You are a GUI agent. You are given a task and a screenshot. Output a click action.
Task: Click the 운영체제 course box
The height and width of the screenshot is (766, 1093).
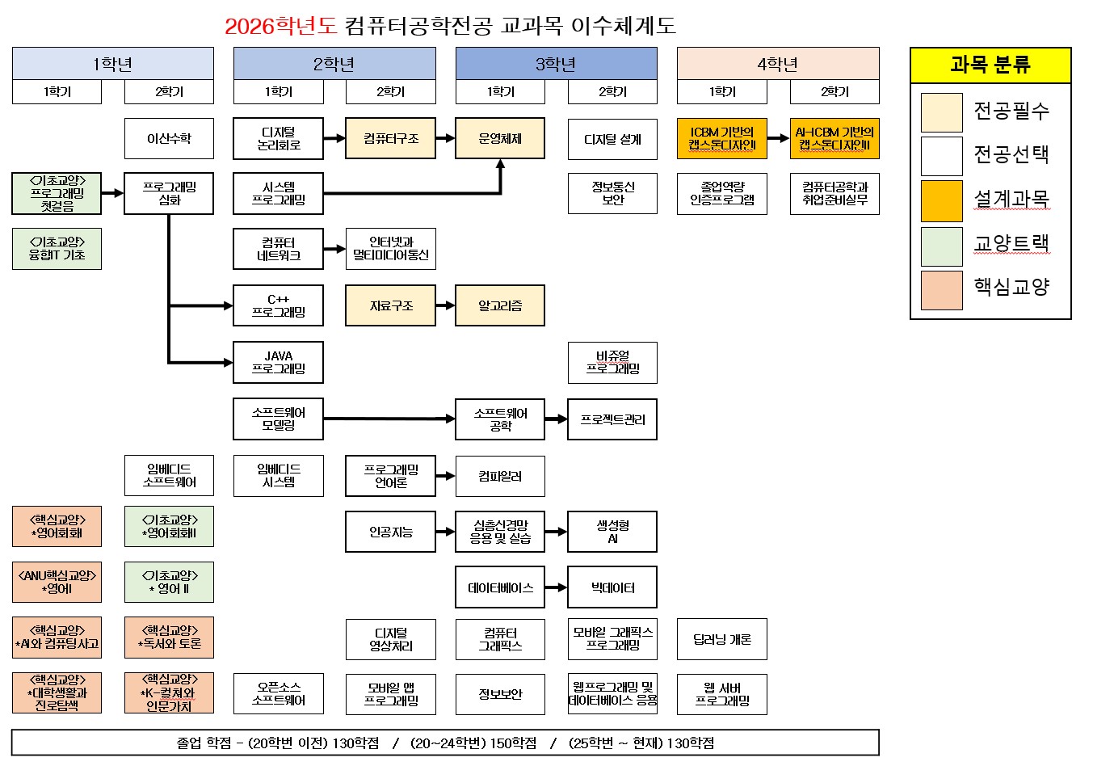click(500, 138)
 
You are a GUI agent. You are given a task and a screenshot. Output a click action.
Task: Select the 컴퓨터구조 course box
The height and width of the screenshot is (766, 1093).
click(391, 138)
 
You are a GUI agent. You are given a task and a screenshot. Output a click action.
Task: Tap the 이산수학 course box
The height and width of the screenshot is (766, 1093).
click(169, 138)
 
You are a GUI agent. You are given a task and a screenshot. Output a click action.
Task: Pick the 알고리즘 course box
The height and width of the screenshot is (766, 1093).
click(500, 305)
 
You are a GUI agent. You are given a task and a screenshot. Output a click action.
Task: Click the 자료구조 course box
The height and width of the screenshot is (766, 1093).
click(391, 305)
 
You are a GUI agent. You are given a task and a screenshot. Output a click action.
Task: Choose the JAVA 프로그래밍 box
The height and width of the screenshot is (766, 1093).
click(279, 362)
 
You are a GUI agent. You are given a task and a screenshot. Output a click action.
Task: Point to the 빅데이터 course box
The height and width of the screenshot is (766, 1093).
click(612, 587)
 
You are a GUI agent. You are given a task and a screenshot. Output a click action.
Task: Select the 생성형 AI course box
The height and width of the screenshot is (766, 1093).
click(612, 532)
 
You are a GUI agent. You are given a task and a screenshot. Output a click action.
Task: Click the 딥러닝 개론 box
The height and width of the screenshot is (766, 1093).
click(722, 639)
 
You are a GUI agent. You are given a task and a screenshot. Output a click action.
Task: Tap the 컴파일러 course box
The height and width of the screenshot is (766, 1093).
click(500, 476)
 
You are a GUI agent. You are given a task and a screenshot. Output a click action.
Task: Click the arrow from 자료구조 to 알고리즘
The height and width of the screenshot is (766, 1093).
click(445, 305)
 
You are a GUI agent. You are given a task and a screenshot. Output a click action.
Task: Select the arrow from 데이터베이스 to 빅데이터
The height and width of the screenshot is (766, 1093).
click(556, 587)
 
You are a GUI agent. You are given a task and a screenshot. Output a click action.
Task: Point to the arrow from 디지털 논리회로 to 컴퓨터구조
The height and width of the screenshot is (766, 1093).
click(334, 138)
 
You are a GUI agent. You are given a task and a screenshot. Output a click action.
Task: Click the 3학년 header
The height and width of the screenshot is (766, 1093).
click(556, 64)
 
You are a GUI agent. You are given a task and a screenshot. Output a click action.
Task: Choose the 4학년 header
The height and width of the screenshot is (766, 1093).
click(778, 64)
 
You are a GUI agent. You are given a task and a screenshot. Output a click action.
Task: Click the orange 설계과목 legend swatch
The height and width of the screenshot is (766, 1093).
click(942, 200)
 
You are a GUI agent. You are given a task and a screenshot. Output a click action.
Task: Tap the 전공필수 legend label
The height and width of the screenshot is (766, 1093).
click(1011, 111)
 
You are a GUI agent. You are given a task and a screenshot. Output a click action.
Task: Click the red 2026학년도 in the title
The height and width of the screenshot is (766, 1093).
click(280, 27)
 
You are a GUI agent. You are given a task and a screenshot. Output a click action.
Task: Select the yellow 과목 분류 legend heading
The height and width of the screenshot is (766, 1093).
click(990, 65)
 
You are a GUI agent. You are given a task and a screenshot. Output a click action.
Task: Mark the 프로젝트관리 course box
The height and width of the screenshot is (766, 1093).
click(612, 419)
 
